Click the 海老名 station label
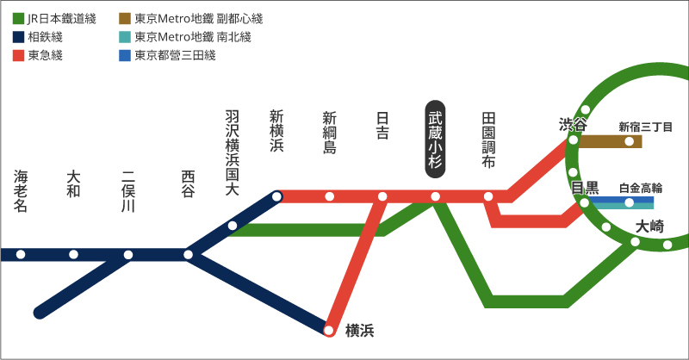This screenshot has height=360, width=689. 22,191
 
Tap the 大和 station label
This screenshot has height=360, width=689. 73,184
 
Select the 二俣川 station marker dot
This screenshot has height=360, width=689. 128,254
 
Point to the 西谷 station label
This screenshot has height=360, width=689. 189,184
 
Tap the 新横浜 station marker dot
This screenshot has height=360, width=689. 276,196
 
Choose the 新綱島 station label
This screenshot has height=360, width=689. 329,133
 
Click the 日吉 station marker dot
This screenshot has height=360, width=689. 382,196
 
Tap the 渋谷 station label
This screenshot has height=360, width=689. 573,125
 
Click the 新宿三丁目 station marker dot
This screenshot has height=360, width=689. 630,140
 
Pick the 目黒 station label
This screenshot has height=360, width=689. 585,188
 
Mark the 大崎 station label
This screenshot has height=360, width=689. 649,227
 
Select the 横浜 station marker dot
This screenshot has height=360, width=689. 329,330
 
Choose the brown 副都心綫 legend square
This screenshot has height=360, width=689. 125,18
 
